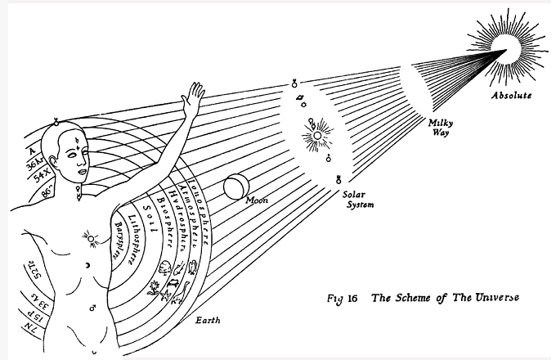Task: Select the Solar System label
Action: pos(359,200)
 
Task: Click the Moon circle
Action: pos(235,188)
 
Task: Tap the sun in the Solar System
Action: pos(316,131)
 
